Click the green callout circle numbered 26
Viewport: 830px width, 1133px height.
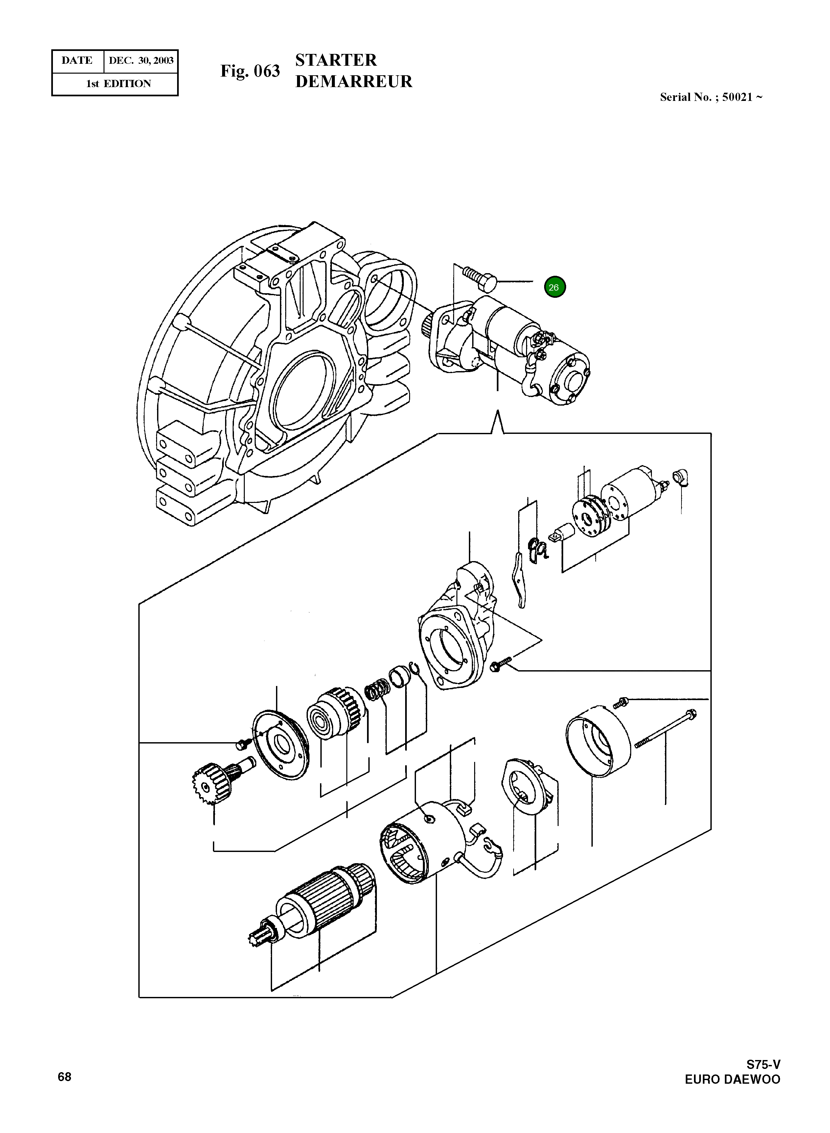(555, 287)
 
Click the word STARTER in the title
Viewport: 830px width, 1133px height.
(335, 60)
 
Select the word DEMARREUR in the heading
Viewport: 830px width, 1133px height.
(353, 82)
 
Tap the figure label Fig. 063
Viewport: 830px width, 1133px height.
(250, 71)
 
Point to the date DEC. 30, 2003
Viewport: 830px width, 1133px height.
(141, 61)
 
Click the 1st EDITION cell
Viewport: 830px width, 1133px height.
(119, 84)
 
